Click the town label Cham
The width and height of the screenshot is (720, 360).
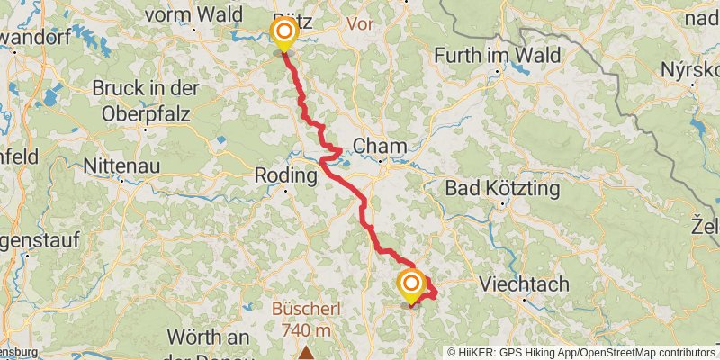coord(380,146)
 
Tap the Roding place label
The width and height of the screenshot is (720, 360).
coord(286,175)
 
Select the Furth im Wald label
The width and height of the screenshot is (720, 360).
coord(498,56)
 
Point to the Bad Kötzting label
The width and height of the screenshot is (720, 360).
coord(503,190)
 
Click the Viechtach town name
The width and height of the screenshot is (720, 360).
coord(524,284)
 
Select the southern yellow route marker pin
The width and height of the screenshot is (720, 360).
coord(411,286)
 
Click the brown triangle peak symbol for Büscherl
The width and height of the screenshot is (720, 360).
coord(307,352)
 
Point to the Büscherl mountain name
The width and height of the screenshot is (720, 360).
coord(306,310)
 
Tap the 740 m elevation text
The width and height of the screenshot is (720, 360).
coord(306,330)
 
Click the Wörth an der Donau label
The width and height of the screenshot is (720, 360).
coord(208,345)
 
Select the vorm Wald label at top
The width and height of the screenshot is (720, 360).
coord(193,14)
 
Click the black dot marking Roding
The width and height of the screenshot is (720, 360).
coord(285,191)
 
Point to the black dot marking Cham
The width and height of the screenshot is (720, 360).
coord(381,163)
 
